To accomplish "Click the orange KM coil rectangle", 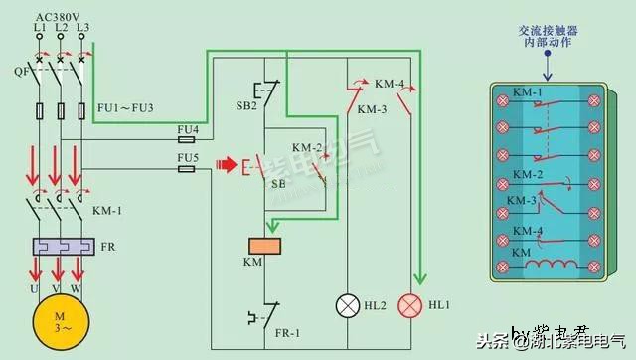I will point(265,246).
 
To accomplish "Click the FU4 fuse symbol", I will point(187,141).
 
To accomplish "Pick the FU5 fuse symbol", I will point(187,169).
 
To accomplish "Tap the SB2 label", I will point(247,104).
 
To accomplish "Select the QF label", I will point(20,71).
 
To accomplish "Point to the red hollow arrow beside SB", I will point(227,161).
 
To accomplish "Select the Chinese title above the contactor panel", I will point(547,38).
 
